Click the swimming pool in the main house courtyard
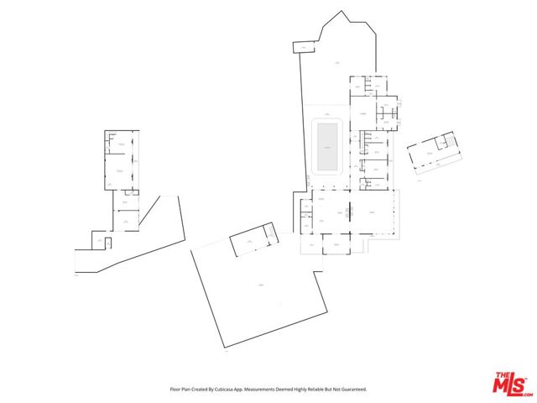[x=326, y=146]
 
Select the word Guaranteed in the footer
[x=351, y=389]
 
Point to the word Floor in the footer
[x=175, y=389]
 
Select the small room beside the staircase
[x=438, y=145]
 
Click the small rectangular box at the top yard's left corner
[x=300, y=49]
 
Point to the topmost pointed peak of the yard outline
[x=343, y=12]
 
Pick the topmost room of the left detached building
[x=122, y=143]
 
